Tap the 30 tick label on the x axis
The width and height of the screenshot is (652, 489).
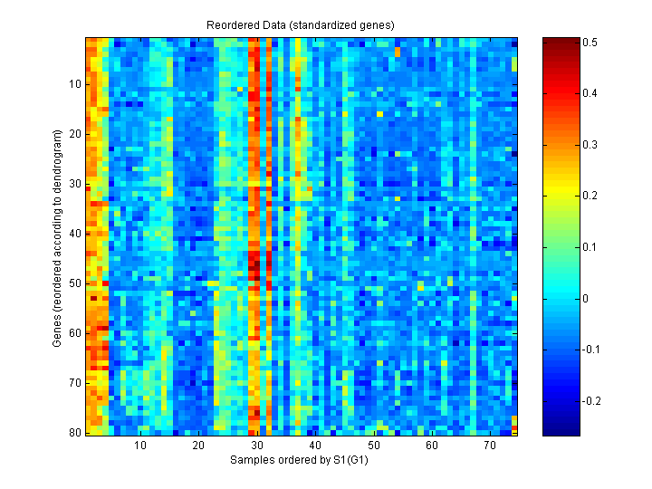pos(257,446)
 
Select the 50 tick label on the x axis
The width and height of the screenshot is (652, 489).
pos(374,446)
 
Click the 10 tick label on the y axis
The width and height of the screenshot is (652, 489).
pos(74,84)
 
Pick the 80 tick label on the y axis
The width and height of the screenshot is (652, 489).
pos(74,433)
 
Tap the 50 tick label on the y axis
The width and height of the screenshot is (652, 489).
pos(74,283)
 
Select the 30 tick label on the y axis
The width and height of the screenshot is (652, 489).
pos(74,184)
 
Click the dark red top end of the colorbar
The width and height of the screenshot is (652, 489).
pos(554,41)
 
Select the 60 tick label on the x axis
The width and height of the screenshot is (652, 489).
pos(432,446)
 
